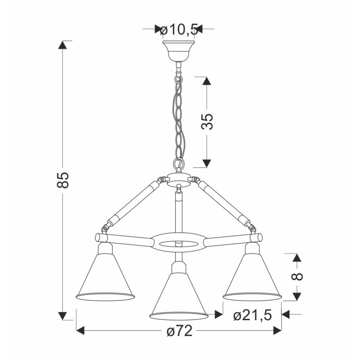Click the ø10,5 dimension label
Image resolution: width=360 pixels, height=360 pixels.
179,30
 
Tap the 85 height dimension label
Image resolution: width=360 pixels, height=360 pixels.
63,180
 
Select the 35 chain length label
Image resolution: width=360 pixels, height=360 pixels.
207,122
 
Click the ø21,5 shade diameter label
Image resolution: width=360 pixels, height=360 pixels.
253,315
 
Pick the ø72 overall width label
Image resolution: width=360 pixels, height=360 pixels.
180,331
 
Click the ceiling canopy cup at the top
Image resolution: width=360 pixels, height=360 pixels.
179,51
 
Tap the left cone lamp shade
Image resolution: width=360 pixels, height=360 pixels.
105,277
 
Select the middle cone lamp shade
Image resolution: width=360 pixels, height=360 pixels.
179,297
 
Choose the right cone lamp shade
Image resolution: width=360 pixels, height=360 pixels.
252,277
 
